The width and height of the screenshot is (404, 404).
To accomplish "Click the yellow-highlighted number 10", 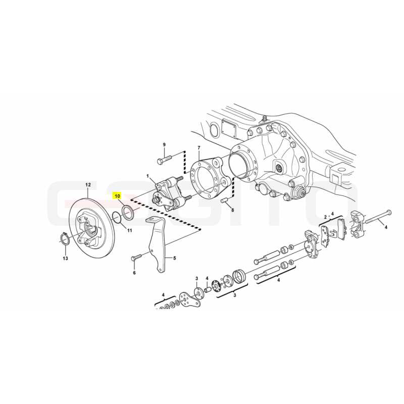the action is [x=118, y=196].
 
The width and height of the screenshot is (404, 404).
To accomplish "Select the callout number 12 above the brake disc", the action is [x=88, y=185].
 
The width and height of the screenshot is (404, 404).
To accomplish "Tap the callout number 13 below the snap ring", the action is [x=66, y=258].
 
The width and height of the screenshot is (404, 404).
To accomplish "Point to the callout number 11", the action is [x=130, y=230].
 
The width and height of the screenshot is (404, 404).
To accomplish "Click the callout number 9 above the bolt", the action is [x=165, y=144].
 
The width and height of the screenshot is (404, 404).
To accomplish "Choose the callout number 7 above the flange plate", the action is [x=198, y=148].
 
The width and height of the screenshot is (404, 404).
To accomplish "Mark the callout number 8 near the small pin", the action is [x=233, y=210].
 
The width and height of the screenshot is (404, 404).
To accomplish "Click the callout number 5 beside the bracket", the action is [x=174, y=258].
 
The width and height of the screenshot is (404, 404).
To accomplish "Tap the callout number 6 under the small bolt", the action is [x=134, y=273].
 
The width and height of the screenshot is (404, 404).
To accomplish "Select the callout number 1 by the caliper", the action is [x=148, y=176].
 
